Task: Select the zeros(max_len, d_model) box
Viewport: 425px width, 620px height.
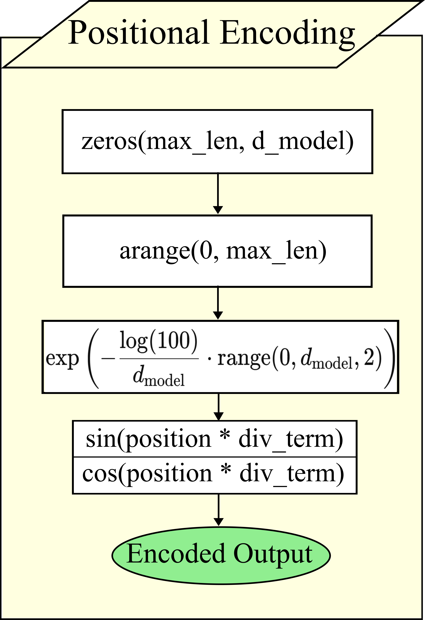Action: pyautogui.click(x=217, y=142)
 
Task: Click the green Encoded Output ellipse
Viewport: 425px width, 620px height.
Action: pyautogui.click(x=221, y=555)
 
